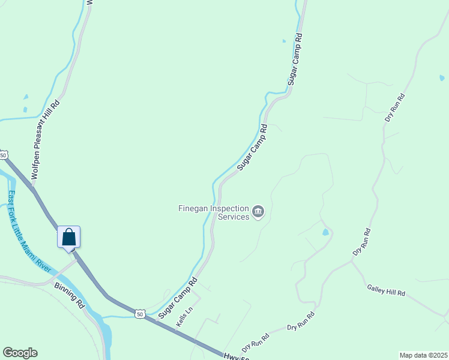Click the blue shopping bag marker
point(68,237)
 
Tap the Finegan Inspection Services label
point(214,212)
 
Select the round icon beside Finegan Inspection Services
point(259,211)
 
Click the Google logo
point(20,353)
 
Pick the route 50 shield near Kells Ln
point(140,314)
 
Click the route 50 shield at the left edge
point(3,155)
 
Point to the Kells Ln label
point(184,317)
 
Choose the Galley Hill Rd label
point(386,290)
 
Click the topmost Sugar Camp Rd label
point(294,61)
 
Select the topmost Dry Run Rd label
point(395,108)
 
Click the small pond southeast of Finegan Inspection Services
point(325,232)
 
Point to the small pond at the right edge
point(442,78)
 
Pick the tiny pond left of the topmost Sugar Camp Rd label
point(284,41)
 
